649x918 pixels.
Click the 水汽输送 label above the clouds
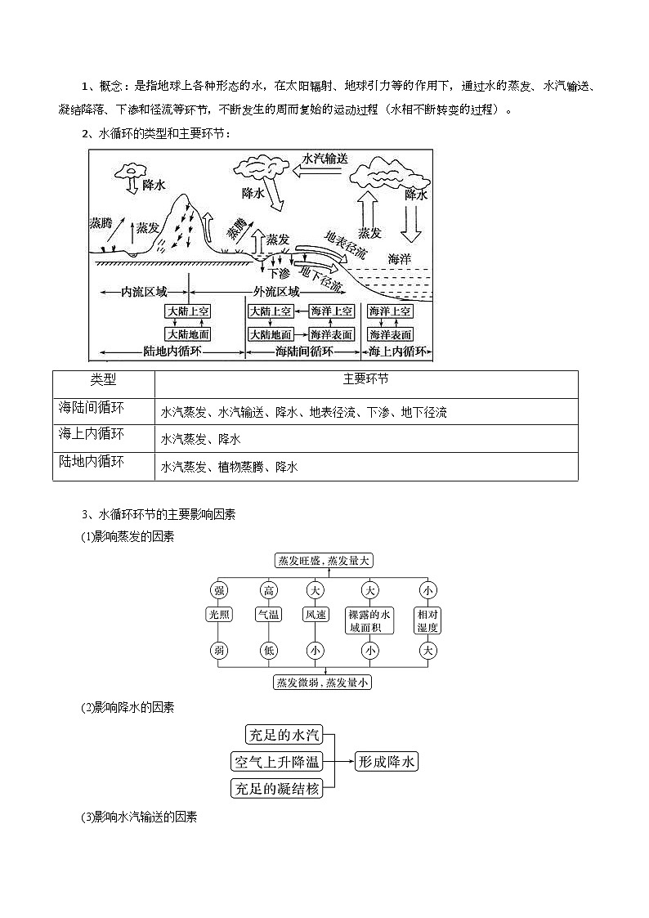pos(324,159)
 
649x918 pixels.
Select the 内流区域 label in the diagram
pos(144,292)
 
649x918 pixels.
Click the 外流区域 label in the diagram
pos(276,292)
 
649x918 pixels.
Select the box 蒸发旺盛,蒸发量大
pos(324,561)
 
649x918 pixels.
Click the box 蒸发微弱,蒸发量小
pos(324,682)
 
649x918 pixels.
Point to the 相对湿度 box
pos(427,620)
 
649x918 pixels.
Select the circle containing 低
pos(268,651)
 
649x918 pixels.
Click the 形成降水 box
pos(387,762)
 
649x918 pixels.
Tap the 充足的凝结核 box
pos(277,788)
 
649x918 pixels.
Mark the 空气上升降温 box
pos(277,762)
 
